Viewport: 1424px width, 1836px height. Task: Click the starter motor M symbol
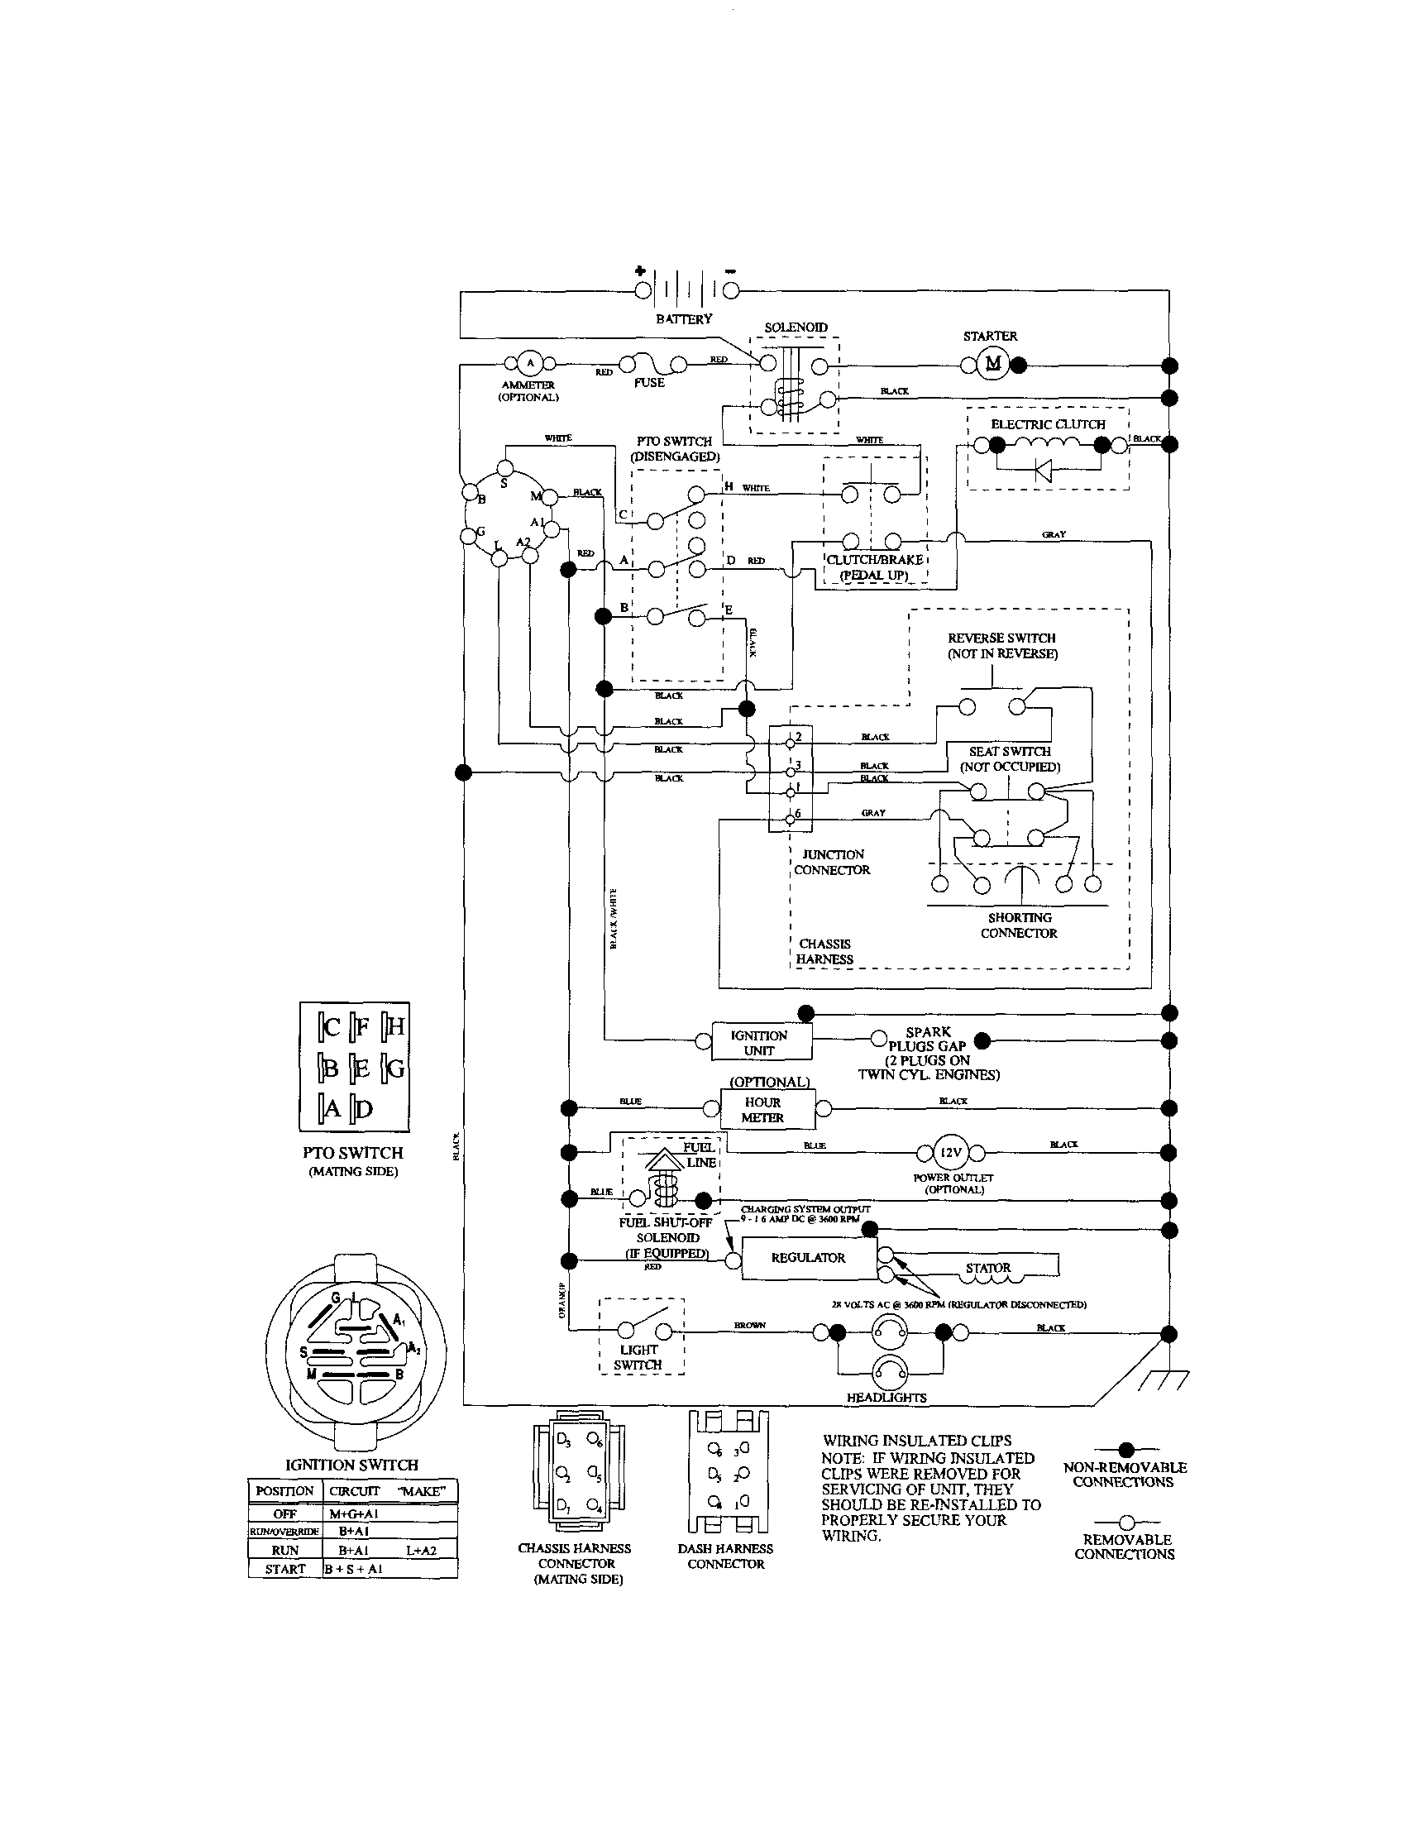click(993, 364)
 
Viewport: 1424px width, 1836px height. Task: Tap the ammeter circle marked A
click(529, 364)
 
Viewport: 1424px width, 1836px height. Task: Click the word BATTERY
click(683, 319)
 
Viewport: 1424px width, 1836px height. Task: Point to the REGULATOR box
click(808, 1259)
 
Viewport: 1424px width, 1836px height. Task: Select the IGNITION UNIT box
click(761, 1043)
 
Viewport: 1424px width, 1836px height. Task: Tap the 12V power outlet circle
click(950, 1153)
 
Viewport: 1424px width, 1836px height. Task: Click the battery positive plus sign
click(640, 270)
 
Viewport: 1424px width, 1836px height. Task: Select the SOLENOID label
click(796, 327)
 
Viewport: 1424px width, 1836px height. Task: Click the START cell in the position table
click(285, 1570)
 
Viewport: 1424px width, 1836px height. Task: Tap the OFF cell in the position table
click(285, 1513)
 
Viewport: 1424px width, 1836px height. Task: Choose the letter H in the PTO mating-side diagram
click(395, 1026)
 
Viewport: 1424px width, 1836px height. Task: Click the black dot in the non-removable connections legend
click(1126, 1449)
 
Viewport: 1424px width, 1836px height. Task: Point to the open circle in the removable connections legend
click(1126, 1522)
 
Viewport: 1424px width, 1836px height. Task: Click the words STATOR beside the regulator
click(987, 1268)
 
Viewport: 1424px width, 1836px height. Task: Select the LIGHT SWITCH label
click(638, 1357)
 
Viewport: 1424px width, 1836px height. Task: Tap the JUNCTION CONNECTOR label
click(831, 862)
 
